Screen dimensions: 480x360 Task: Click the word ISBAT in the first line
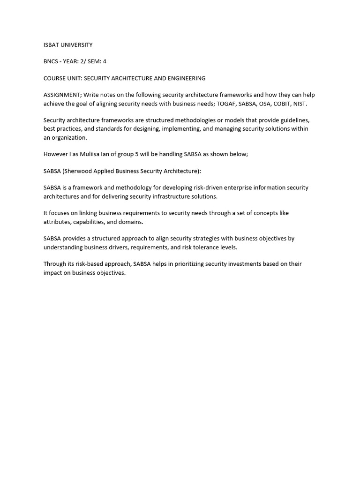pyautogui.click(x=51, y=45)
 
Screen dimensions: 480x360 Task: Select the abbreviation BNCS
pyautogui.click(x=52, y=61)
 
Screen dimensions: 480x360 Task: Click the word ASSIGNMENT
pyautogui.click(x=62, y=95)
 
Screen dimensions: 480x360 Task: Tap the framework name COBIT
pyautogui.click(x=282, y=103)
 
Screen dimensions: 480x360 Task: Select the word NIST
pyautogui.click(x=300, y=103)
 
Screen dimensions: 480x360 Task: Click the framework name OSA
pyautogui.click(x=264, y=103)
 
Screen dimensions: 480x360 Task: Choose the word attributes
pyautogui.click(x=57, y=222)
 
